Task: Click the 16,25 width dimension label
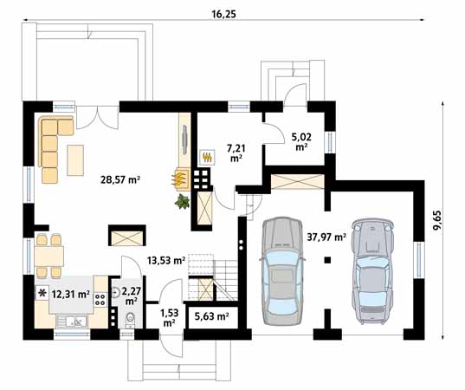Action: point(223,14)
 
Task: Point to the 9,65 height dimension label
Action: point(436,220)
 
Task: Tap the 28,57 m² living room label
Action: point(120,179)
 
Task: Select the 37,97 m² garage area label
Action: point(326,237)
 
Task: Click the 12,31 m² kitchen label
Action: point(71,294)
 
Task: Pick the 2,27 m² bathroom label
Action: point(131,296)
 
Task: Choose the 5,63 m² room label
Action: point(212,316)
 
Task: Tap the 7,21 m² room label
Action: point(236,153)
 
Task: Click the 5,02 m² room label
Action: point(301,142)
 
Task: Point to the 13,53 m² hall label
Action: point(166,261)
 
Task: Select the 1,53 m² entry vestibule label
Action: point(170,317)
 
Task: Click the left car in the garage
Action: point(282,271)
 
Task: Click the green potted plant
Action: point(182,201)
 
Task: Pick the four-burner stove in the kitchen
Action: point(100,299)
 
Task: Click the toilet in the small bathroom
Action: point(130,320)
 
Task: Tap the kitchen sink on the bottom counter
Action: point(73,322)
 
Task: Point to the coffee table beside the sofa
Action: point(75,160)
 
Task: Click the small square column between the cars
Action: point(327,260)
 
